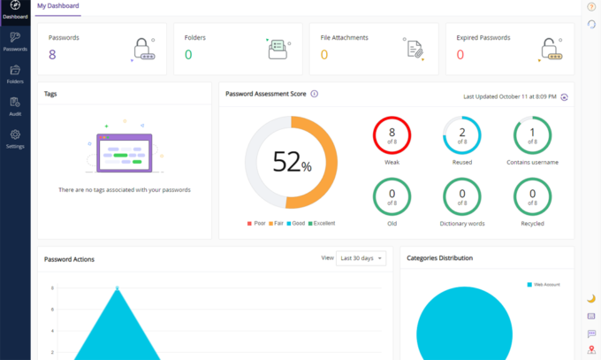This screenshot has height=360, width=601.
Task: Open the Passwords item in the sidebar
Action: pos(15,41)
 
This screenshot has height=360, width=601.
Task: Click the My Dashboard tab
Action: pos(58,7)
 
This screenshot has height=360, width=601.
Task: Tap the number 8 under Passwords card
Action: pos(52,55)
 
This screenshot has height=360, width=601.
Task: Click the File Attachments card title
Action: pos(344,38)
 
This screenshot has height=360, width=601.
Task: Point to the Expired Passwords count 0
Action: pos(460,55)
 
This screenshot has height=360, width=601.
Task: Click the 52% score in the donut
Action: pos(291,163)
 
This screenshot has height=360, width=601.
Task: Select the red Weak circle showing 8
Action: pos(392,134)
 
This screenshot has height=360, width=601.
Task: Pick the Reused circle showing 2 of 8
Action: pos(461,134)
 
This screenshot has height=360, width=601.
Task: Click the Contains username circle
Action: pos(532,134)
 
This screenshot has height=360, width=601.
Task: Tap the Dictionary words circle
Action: pos(461,195)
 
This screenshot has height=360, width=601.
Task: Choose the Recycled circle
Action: pos(532,195)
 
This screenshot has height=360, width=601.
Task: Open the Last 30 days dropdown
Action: pos(361,258)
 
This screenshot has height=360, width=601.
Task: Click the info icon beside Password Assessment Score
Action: pos(315,94)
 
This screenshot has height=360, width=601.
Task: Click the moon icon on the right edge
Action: pos(591,298)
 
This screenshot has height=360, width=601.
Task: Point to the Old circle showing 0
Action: pos(392,195)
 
